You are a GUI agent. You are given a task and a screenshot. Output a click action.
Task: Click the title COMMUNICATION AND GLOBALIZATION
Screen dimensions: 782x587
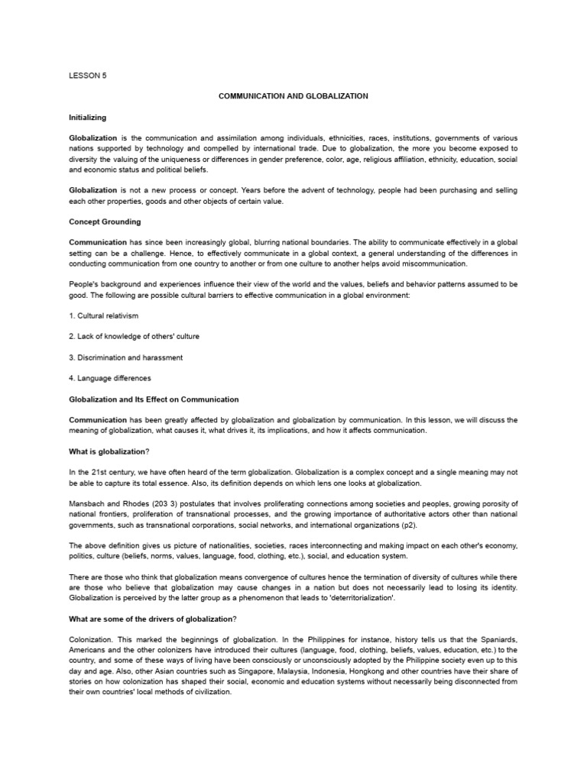click(293, 96)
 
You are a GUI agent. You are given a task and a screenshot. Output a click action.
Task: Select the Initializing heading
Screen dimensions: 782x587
click(88, 118)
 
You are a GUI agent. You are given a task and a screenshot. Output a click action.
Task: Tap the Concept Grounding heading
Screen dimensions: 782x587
click(105, 221)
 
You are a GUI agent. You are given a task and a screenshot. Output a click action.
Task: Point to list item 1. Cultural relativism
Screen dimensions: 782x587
click(104, 315)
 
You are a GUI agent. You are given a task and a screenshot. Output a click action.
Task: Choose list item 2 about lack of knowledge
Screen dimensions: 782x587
click(135, 336)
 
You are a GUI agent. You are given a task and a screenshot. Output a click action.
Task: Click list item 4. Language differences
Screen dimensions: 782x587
click(110, 378)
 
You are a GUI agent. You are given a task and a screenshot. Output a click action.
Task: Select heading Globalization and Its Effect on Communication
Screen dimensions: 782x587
click(154, 399)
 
